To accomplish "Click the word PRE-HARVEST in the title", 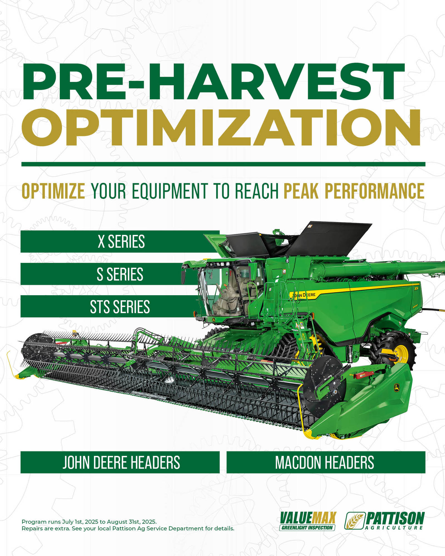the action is tap(213, 81).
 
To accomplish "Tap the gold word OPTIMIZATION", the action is tap(221, 127).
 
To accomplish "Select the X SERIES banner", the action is tap(120, 241).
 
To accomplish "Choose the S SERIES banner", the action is tap(111, 274).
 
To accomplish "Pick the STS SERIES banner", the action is tap(110, 306).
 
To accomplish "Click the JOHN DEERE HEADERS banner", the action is tap(120, 462).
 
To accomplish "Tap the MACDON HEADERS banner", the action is tap(326, 462).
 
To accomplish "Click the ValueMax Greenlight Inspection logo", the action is tap(307, 521).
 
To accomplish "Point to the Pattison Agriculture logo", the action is tap(384, 521).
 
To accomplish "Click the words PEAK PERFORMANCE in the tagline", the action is tap(354, 191).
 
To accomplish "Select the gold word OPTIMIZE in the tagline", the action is tap(53, 191).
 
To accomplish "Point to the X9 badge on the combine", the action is tap(416, 289).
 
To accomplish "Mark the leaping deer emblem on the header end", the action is tap(396, 388).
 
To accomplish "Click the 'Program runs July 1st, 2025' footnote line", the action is tap(89, 522).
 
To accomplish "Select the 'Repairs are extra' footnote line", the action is tap(128, 528).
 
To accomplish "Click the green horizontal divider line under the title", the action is tap(223, 164).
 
